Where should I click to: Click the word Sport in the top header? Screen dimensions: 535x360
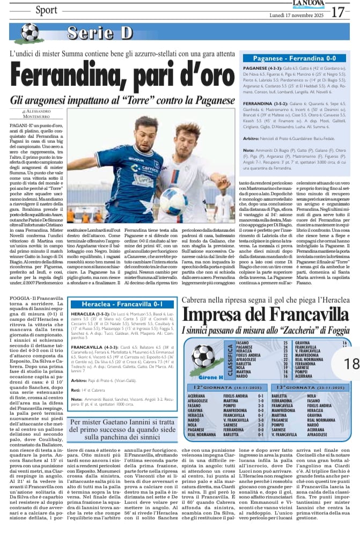pos(47,10)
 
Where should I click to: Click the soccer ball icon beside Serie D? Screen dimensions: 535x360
pos(30,33)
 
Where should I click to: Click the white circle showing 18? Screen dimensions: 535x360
pos(351,363)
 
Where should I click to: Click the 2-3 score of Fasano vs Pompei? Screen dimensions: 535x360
pos(261,405)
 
